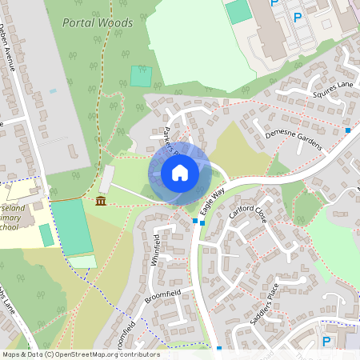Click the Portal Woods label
click(x=98, y=22)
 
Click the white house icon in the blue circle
click(x=179, y=172)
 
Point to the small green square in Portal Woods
click(x=141, y=76)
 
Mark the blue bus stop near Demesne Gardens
click(x=347, y=130)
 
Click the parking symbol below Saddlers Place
click(x=326, y=341)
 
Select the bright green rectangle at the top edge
click(x=238, y=11)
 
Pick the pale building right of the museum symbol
click(x=106, y=179)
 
